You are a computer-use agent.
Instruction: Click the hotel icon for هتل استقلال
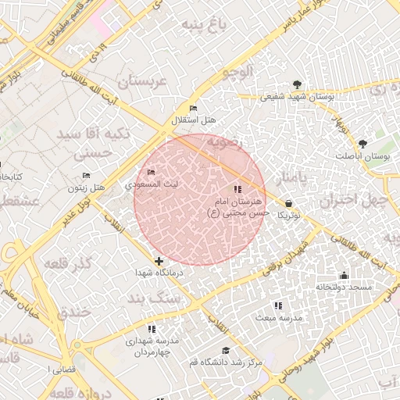(x=194, y=108)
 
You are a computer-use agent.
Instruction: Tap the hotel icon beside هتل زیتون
(x=86, y=175)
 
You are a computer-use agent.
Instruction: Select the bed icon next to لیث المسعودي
(x=151, y=172)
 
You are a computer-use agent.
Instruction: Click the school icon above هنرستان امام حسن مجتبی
(x=237, y=189)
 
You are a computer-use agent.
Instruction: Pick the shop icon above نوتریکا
(x=289, y=203)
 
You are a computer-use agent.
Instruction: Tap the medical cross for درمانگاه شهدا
(x=159, y=261)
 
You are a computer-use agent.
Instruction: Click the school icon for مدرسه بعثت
(x=277, y=305)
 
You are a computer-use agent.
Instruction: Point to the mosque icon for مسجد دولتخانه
(x=344, y=275)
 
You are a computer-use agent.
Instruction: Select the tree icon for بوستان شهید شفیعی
(x=296, y=84)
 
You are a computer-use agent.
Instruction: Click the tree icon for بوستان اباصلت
(x=362, y=144)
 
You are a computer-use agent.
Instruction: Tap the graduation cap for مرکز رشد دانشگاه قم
(x=226, y=350)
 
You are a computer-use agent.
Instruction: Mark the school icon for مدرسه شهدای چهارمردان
(x=152, y=329)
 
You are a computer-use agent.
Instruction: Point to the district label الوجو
(x=237, y=73)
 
